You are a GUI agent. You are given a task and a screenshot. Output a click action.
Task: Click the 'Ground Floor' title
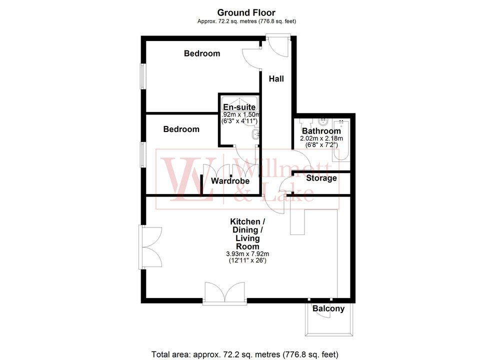click(246, 12)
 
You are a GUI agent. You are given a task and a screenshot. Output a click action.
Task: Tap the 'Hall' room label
click(276, 78)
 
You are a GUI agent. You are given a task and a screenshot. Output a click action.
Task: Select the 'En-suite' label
click(239, 107)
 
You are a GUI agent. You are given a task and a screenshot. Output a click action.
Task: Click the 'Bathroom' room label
click(320, 131)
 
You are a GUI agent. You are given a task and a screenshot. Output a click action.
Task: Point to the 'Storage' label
click(321, 178)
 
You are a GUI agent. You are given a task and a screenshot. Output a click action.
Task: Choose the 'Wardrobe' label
click(230, 181)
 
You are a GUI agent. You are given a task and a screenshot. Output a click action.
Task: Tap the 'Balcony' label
click(328, 308)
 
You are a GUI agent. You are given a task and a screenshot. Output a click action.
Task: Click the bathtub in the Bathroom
click(343, 139)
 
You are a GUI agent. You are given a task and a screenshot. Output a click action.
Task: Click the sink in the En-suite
click(256, 134)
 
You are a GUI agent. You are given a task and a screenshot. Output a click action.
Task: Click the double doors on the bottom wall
click(225, 293)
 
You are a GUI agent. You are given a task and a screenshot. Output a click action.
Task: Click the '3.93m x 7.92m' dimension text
click(245, 254)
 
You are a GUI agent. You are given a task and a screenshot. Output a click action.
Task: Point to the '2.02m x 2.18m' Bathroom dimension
click(320, 138)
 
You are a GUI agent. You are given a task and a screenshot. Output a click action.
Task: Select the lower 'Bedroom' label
click(181, 129)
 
